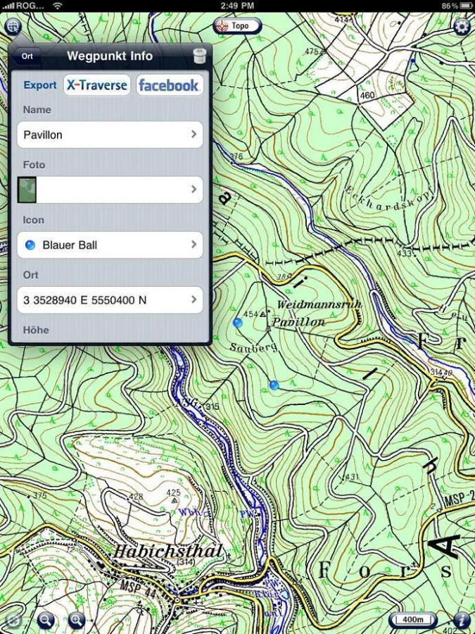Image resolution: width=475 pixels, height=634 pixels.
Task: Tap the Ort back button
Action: pos(27,56)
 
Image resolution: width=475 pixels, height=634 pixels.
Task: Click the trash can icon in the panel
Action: pos(199,56)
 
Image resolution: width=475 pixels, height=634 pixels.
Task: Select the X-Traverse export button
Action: pos(97,85)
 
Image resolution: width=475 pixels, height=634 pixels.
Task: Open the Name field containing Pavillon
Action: pos(110,135)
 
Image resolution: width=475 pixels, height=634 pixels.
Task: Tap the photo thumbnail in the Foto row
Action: pos(27,189)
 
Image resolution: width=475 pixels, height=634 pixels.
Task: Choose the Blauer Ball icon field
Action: pos(110,245)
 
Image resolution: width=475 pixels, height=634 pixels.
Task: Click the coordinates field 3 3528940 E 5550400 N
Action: pos(110,300)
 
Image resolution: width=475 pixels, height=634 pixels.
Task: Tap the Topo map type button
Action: pos(237,26)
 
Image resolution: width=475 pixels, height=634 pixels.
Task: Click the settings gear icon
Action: pos(462,27)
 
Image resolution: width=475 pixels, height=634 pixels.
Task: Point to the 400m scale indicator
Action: pos(413,620)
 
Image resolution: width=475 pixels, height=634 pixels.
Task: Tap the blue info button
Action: pos(462,620)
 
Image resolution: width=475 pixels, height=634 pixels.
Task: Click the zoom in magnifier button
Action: pos(76,620)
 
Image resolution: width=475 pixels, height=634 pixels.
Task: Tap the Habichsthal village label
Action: pos(169,551)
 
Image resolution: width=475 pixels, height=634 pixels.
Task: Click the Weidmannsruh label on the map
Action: pos(309,305)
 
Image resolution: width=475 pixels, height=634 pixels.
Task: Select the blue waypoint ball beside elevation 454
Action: pos(238,323)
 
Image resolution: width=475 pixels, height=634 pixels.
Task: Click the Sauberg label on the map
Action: pos(253,347)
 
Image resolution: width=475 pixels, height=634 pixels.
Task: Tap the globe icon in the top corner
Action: pos(13,27)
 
